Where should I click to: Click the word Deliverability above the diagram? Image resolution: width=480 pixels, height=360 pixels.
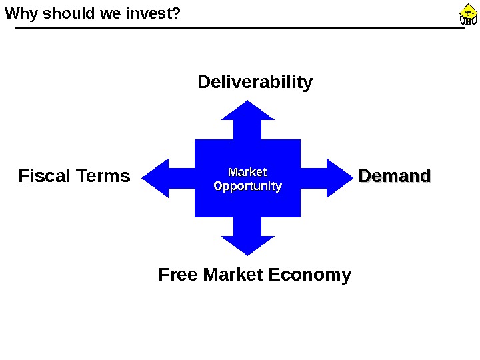pos(255,83)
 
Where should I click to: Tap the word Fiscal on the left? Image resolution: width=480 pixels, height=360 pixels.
pos(45,176)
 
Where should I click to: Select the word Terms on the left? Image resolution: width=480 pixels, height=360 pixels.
pos(103,176)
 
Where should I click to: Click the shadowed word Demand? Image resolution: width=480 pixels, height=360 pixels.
pos(395,177)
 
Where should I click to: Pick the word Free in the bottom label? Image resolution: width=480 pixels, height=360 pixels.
pos(178,275)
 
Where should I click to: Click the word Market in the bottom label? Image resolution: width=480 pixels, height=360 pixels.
pos(233,275)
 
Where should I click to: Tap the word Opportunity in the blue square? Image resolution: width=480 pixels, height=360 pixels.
pos(247,186)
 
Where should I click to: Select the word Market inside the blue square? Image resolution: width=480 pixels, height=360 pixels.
pos(247,173)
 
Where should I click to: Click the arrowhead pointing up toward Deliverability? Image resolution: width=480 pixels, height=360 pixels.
pos(248,111)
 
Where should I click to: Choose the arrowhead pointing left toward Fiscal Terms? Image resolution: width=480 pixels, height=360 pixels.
pos(156,178)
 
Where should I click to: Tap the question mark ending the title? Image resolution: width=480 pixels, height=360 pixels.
pos(177,12)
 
